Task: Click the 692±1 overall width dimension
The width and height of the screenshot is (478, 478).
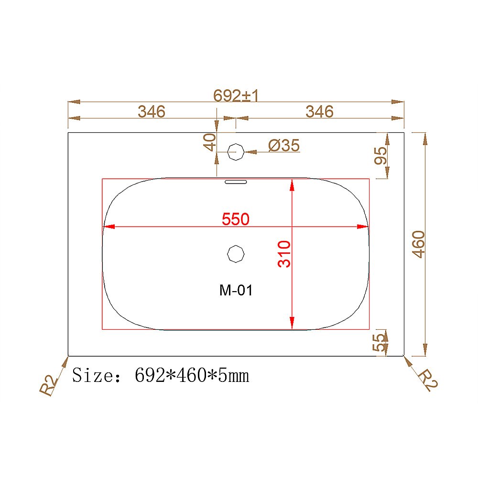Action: click(236, 96)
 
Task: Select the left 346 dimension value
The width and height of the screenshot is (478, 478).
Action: click(152, 112)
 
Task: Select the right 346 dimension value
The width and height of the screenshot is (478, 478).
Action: click(319, 112)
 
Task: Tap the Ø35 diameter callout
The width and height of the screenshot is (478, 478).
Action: click(284, 146)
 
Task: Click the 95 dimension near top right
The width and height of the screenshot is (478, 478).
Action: click(380, 155)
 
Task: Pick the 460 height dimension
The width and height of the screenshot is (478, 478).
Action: click(418, 244)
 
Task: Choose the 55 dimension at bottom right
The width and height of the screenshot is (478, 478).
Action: click(379, 342)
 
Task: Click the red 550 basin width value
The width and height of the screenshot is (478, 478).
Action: click(236, 219)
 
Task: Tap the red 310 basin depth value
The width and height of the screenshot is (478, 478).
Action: click(284, 254)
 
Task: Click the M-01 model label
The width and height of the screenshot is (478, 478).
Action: click(236, 290)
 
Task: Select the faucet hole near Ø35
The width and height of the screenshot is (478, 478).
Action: click(236, 152)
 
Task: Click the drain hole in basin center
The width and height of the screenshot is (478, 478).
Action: click(236, 254)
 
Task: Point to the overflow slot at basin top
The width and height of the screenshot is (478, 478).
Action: click(235, 182)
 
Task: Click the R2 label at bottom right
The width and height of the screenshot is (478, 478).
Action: click(427, 380)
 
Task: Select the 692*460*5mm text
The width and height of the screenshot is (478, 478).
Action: click(192, 376)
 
